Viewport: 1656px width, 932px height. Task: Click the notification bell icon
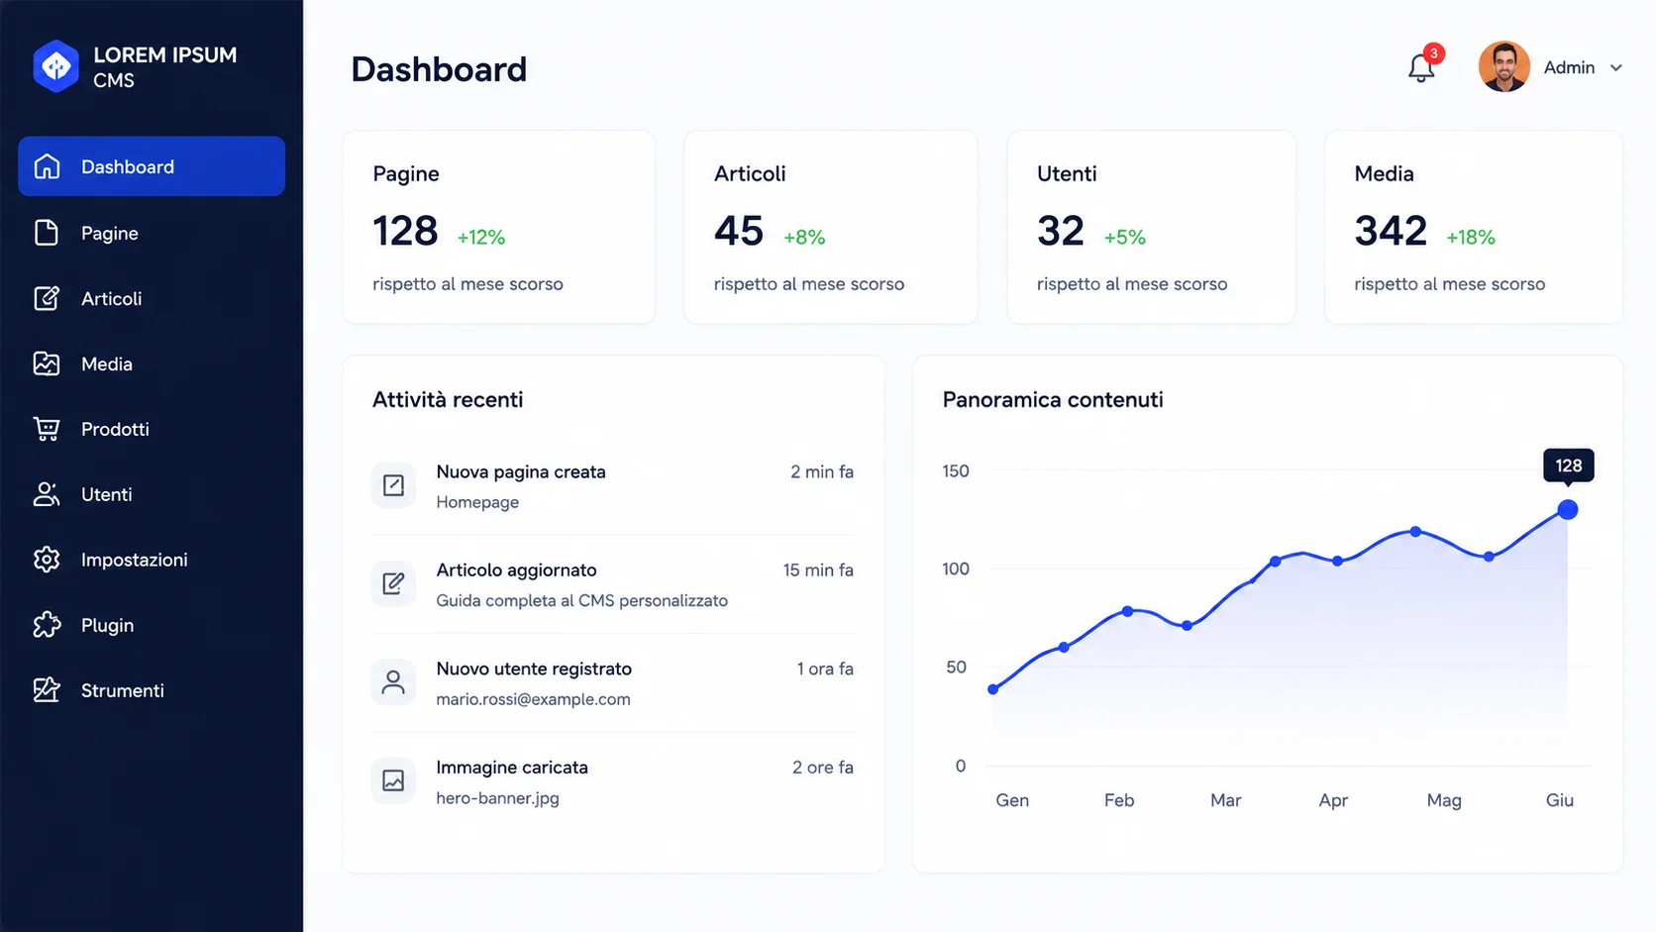1420,68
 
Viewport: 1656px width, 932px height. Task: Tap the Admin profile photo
1503,66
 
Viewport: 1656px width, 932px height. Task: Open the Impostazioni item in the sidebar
134,560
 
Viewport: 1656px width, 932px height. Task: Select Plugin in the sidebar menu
107,625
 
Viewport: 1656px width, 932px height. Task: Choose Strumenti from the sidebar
122,690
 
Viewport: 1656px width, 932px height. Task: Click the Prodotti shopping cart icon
46,429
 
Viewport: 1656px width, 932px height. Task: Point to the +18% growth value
1471,238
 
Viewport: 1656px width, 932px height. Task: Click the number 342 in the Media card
1391,231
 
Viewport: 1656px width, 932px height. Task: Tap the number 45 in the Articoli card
739,231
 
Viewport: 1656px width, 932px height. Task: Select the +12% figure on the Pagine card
480,238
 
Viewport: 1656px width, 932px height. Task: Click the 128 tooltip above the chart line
1568,466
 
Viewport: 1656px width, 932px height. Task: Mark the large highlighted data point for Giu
1567,509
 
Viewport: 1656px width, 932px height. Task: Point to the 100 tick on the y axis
955,569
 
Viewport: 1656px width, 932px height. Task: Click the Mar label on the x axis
1225,799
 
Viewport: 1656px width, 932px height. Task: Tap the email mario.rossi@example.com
533,699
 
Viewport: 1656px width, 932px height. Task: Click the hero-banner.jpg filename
497,798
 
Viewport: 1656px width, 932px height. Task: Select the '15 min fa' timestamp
818,570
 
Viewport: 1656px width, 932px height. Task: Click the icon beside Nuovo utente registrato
393,681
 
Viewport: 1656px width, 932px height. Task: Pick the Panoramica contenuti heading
1053,399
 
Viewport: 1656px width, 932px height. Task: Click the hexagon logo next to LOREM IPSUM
56,66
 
